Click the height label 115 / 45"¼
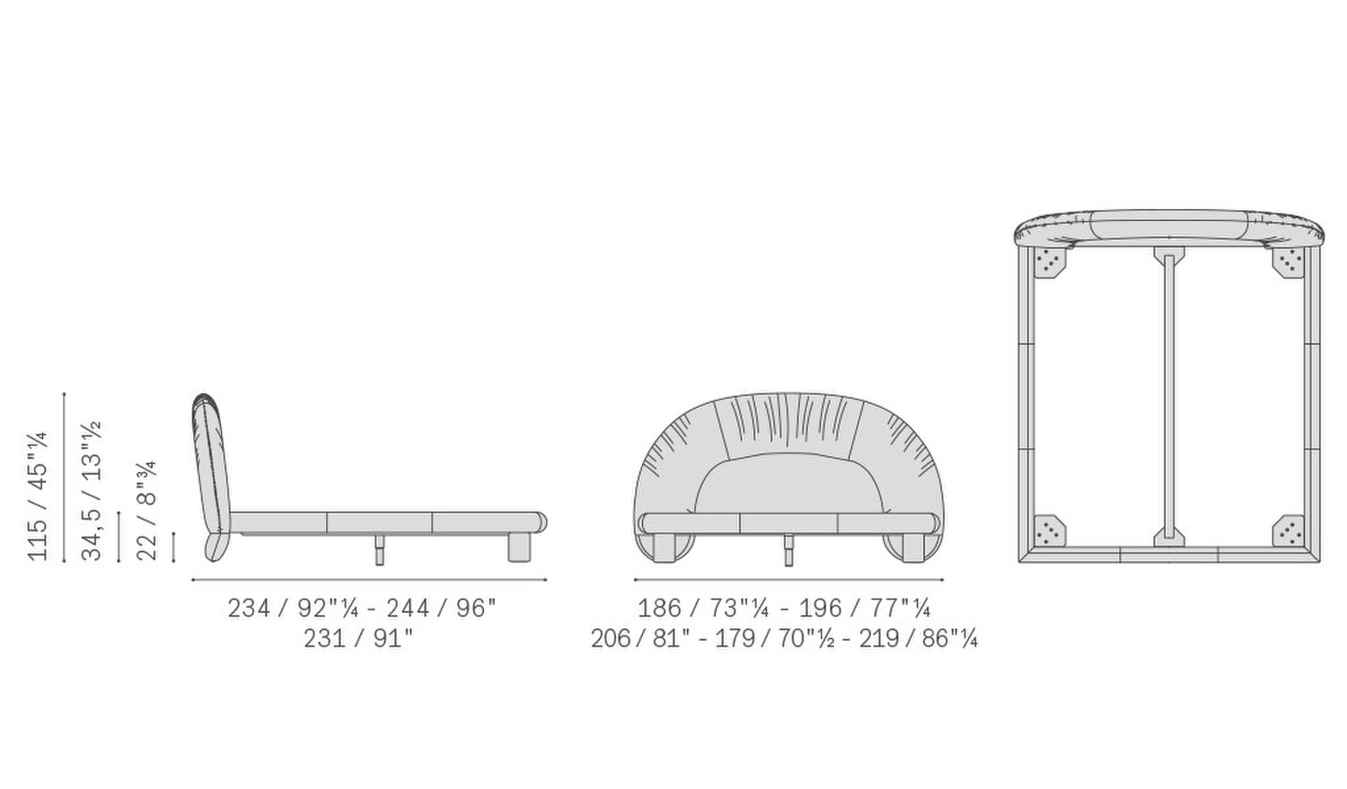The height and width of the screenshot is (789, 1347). pos(38,495)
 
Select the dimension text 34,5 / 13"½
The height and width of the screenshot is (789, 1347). pos(92,490)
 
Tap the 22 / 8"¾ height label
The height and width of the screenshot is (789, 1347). pos(146,510)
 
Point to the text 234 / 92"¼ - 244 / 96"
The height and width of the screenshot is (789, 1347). pos(361,609)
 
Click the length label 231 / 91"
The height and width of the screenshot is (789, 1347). pos(358,639)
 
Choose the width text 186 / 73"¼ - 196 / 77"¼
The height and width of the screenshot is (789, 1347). pos(784,609)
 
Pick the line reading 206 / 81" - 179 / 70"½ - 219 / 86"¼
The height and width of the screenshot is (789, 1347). pos(784,639)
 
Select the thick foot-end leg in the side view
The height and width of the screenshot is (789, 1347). pos(519,547)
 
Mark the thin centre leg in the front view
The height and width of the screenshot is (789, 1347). pos(788,549)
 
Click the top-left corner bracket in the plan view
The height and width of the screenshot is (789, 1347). pos(1048,264)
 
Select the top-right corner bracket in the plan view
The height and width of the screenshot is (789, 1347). pos(1289,263)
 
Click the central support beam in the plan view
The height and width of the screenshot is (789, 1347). pos(1167,395)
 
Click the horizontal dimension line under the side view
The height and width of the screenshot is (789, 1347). pos(368,580)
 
